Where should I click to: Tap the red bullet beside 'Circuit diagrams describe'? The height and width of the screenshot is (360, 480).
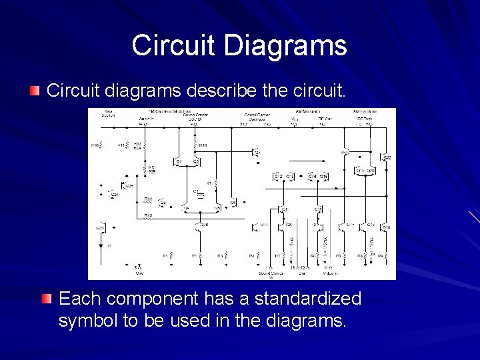[35, 90]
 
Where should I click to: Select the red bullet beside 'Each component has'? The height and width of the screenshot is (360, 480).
[46, 299]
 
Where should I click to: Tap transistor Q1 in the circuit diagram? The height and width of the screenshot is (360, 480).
[178, 161]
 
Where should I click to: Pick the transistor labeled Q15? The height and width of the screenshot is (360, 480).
[323, 176]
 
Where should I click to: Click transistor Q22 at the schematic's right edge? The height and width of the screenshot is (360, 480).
[387, 157]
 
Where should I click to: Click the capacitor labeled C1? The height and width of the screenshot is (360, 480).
[196, 193]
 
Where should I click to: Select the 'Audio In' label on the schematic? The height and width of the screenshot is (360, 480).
[146, 118]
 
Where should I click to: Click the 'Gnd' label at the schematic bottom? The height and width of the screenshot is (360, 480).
[139, 273]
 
